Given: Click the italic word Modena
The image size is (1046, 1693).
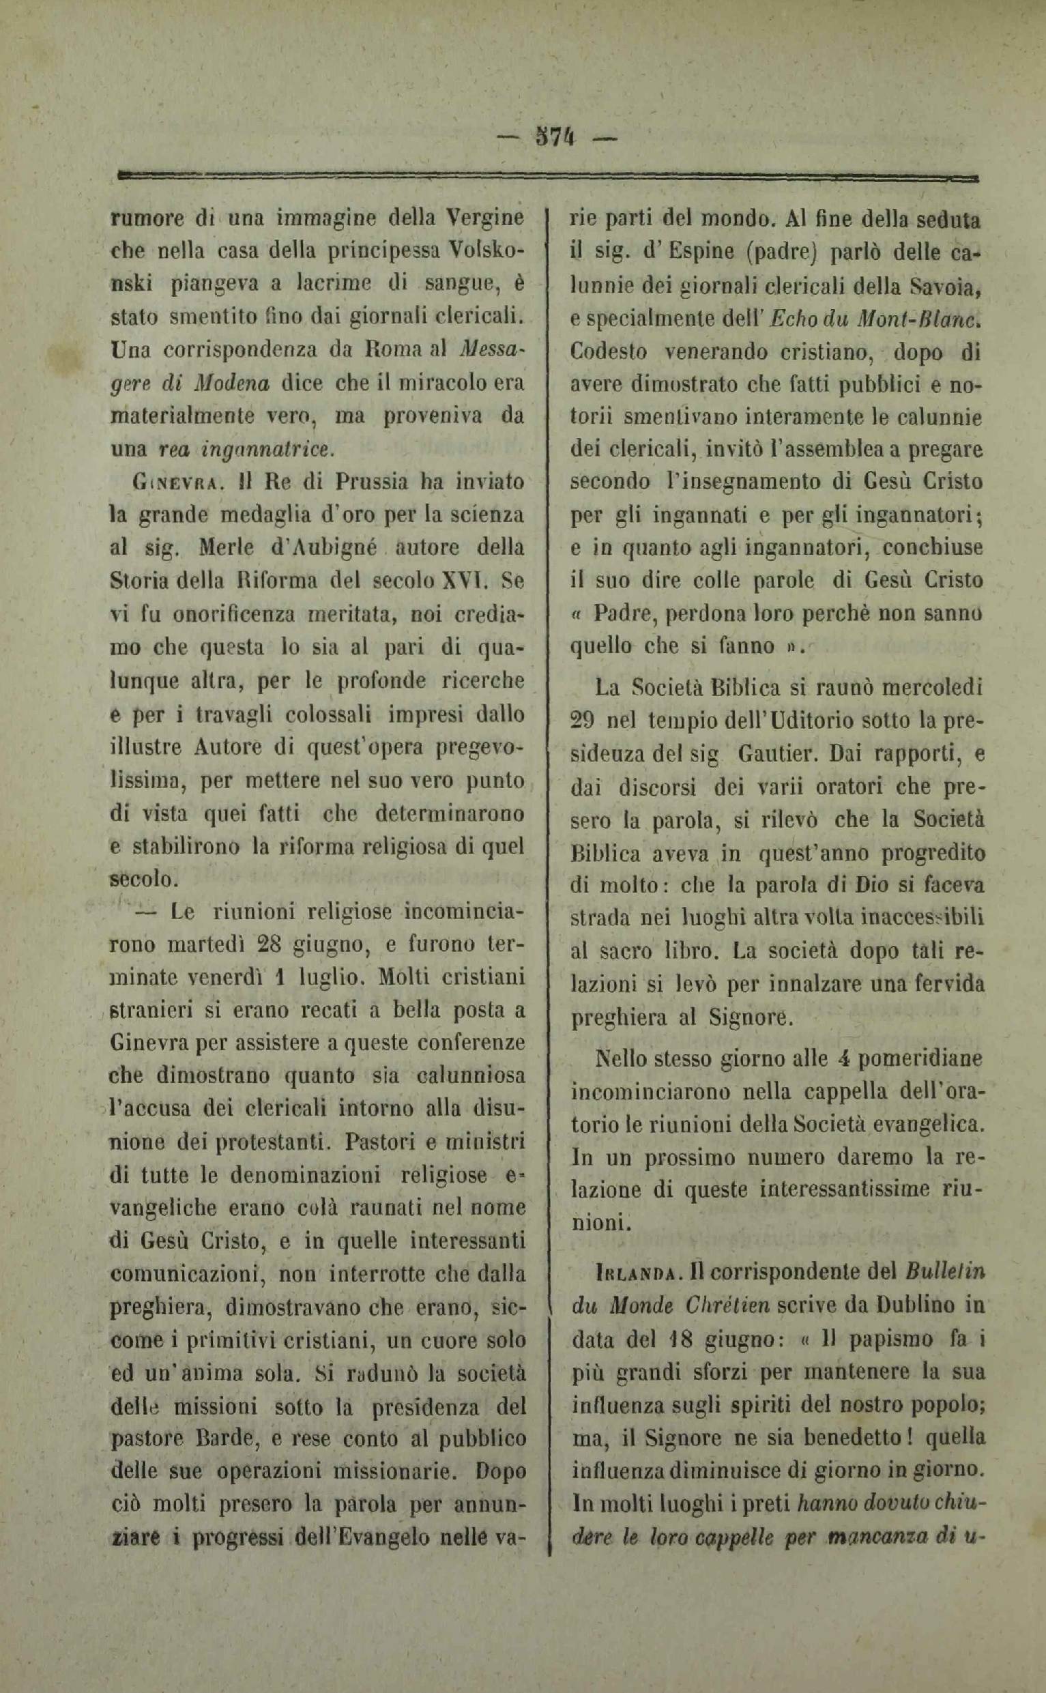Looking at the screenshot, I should [x=231, y=383].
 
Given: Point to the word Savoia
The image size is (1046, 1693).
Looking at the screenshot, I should [x=943, y=285].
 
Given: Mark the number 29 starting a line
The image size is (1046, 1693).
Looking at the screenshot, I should [x=585, y=720].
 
